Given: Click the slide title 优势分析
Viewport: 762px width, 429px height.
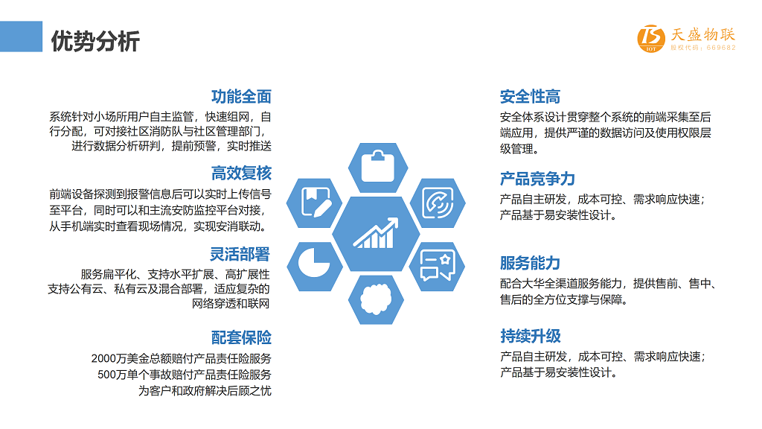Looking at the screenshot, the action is pos(95,41).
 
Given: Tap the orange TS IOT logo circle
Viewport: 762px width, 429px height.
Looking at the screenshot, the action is pos(651,38).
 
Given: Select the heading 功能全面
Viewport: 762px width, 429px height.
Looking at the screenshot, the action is pos(241,96).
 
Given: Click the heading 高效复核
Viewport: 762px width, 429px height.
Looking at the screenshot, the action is pos(241,173).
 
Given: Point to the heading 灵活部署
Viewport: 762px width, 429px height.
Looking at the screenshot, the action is pos(240,254).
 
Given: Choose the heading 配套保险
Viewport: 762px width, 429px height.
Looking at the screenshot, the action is pos(241,337).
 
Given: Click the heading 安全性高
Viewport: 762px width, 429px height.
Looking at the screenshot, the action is pos(530,96).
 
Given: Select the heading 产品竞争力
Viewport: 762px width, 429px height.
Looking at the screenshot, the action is pos(537,179).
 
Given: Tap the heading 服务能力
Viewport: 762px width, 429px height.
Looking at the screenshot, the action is pos(530,263).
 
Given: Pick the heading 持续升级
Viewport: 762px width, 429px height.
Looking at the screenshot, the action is pos(530,336).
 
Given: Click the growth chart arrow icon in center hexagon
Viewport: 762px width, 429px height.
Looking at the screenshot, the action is pos(376,233).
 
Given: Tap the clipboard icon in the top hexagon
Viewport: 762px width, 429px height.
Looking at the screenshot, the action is pos(377,166).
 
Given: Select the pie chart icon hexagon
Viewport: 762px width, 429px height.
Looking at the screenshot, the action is pos(315,266).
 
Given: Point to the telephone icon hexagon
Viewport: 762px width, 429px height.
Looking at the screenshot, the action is pos(438,203).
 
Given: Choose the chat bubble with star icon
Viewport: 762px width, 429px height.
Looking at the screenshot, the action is pos(438,266).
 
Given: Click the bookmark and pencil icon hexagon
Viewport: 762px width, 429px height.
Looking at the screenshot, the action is pos(315,203).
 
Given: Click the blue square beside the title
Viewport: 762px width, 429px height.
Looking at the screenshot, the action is pos(21,36).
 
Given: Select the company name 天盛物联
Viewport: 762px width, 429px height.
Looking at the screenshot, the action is pos(702,34).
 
